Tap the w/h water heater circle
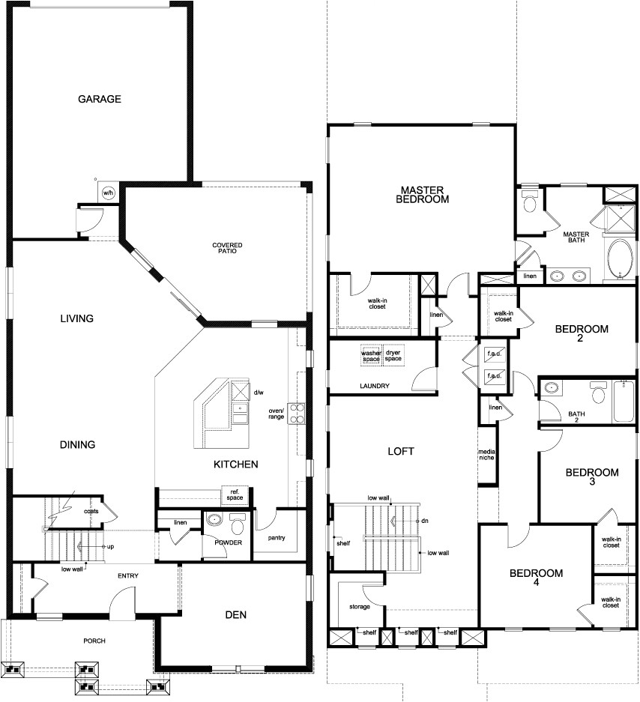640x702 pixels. coord(108,193)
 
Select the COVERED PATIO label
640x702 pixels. coord(227,249)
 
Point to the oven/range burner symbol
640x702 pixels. coord(298,410)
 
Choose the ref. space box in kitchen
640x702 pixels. coord(235,495)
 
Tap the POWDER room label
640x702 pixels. coord(228,543)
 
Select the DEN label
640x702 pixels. coord(235,615)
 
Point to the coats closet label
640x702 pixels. coord(91,512)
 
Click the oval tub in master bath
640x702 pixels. coord(619,259)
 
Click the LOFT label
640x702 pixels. coord(401,452)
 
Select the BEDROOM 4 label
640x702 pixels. coord(536,578)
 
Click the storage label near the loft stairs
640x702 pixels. coord(360,606)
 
